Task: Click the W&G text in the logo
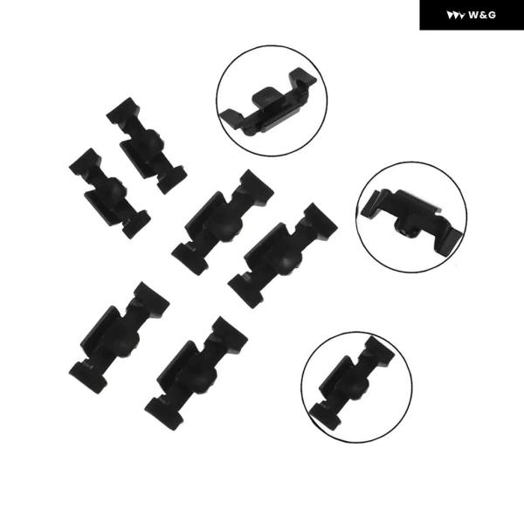pyautogui.click(x=481, y=15)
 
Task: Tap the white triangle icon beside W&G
pyautogui.click(x=455, y=16)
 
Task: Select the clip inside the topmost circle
pyautogui.click(x=267, y=102)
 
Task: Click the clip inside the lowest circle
pyautogui.click(x=352, y=384)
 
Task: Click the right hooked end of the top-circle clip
pyautogui.click(x=302, y=79)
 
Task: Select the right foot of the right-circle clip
pyautogui.click(x=448, y=238)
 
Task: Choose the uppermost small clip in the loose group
pyautogui.click(x=147, y=146)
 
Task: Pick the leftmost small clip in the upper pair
pyautogui.click(x=110, y=193)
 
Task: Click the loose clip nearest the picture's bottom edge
pyautogui.click(x=196, y=373)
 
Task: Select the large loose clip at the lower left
pyautogui.click(x=119, y=337)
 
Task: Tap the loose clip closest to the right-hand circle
pyautogui.click(x=283, y=255)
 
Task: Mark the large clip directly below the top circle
pyautogui.click(x=223, y=222)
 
